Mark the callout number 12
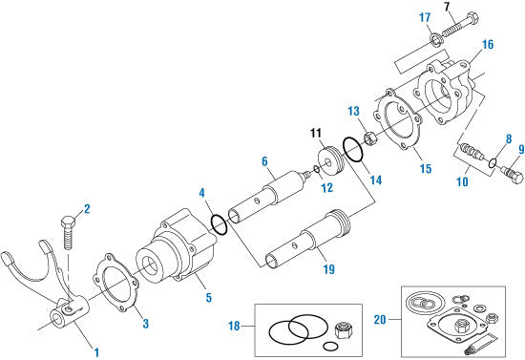(x=325, y=188)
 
